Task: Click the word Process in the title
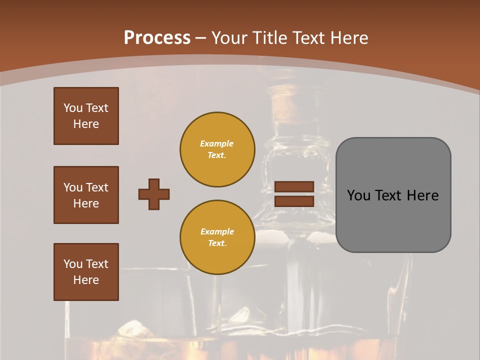[157, 38]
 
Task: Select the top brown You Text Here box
[86, 116]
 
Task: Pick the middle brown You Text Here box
[86, 195]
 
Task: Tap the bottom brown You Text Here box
[86, 272]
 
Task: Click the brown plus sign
[154, 194]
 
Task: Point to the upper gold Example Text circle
[217, 149]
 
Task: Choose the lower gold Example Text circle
[217, 237]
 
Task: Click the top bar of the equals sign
[294, 186]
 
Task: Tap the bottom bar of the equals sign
[294, 201]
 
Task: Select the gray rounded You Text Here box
[393, 195]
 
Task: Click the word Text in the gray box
[388, 195]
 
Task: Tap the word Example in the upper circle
[217, 143]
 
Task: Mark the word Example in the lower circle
[217, 231]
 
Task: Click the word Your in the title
[229, 38]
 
